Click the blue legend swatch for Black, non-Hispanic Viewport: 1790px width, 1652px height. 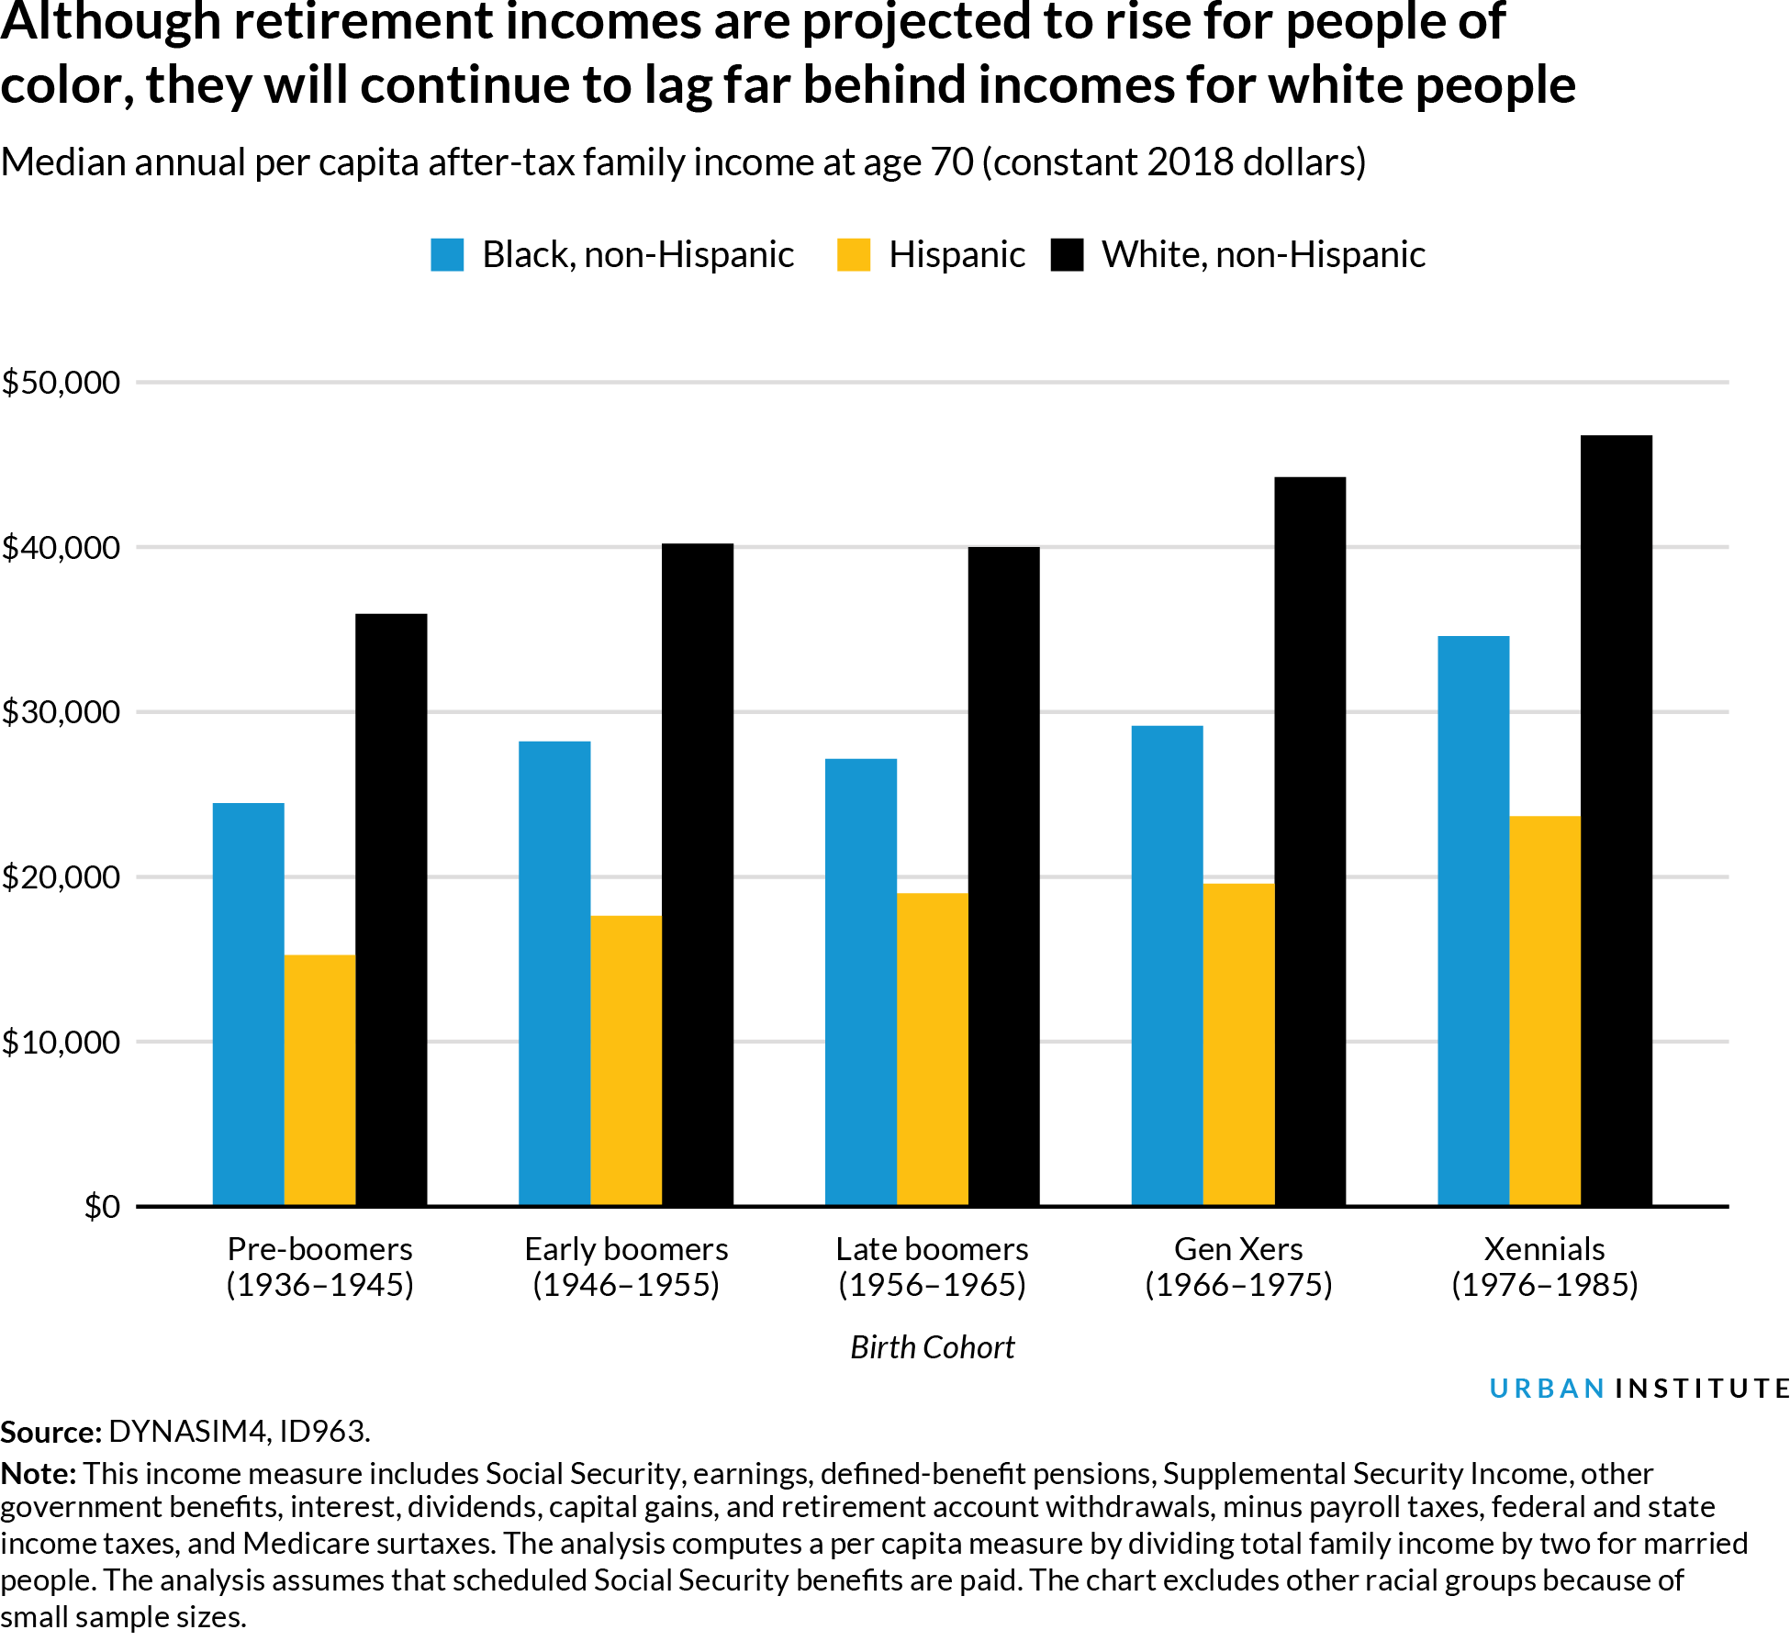pos(447,255)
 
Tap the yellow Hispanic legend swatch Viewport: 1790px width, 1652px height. pos(853,255)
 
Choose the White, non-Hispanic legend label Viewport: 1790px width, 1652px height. pos(1263,255)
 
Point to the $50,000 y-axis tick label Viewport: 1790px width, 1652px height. pos(62,383)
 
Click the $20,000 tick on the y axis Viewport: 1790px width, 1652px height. pos(62,877)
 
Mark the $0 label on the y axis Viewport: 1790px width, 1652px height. pos(102,1207)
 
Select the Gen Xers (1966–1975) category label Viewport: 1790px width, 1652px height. pos(1238,1267)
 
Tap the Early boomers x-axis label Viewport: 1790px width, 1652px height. pos(626,1249)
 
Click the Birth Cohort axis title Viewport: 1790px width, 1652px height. pos(932,1347)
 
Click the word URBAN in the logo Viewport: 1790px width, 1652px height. pos(1547,1389)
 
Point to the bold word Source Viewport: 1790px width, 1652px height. pos(50,1432)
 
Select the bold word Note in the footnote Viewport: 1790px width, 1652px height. pos(39,1474)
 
